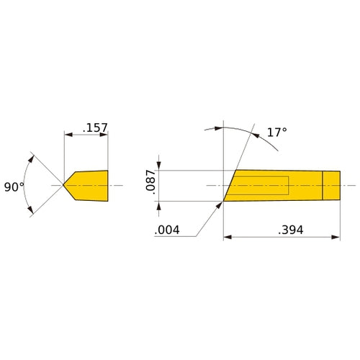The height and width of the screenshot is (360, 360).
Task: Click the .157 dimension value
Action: [x=95, y=128]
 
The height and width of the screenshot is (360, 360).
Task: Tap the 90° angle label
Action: [x=14, y=186]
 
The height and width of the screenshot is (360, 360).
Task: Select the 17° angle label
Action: [x=276, y=132]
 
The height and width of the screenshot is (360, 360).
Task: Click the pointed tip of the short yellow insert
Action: [x=64, y=186]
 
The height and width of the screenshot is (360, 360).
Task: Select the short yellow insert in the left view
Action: [x=90, y=186]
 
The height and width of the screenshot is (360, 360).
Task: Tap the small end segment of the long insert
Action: [x=330, y=186]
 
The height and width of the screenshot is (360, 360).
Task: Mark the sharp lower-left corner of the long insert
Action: [x=224, y=201]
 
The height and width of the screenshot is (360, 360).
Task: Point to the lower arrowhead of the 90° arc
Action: [x=32, y=212]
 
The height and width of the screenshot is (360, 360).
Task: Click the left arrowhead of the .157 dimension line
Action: [x=68, y=134]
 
